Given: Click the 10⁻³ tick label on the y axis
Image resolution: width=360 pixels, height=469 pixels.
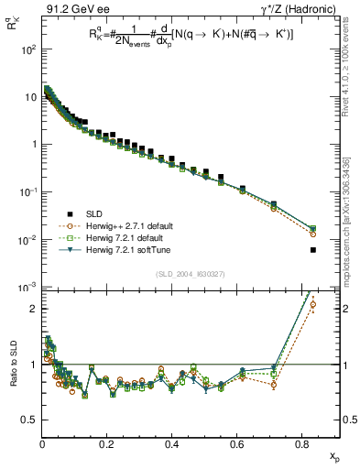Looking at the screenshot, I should (27, 288).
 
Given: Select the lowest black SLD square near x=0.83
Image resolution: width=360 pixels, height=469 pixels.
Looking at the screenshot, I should (313, 250).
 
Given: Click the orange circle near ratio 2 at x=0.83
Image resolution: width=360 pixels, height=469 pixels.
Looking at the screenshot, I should (313, 305).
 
